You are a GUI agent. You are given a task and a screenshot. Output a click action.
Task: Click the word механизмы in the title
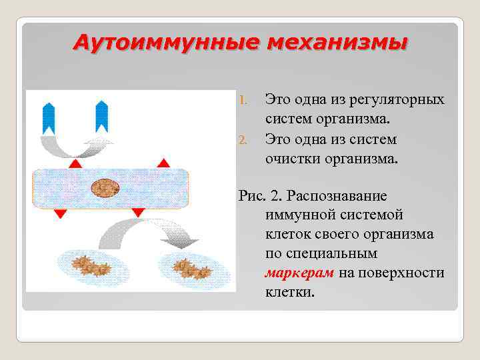click(337, 43)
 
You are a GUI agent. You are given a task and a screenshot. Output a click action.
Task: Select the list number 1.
click(243, 100)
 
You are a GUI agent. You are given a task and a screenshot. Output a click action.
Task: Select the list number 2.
click(243, 139)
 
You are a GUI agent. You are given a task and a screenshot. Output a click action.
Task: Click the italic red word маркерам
click(299, 273)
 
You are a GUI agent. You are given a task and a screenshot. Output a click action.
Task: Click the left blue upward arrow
click(49, 117)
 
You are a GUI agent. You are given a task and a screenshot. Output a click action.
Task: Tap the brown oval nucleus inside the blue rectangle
click(105, 187)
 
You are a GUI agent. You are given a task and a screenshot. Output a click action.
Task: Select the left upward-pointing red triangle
click(75, 163)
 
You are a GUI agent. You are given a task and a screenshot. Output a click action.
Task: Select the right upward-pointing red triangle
click(162, 163)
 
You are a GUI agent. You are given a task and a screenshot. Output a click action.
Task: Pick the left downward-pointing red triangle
click(60, 213)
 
